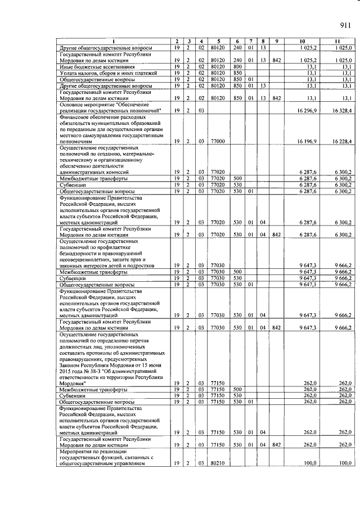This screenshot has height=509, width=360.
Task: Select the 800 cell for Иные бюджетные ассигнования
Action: [237, 67]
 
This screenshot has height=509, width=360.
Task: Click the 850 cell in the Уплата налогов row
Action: [237, 73]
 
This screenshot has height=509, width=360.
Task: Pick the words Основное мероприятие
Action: [84, 105]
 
